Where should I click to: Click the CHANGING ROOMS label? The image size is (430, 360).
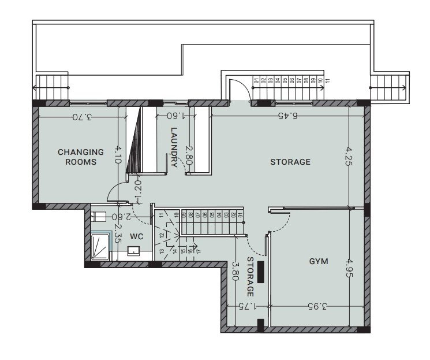81,157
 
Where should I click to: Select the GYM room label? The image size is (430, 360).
318,261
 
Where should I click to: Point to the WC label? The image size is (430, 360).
136,236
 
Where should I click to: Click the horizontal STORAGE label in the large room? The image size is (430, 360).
290,162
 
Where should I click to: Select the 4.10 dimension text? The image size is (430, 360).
118,155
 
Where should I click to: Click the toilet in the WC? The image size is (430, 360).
99,217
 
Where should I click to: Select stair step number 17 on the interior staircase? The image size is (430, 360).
197,251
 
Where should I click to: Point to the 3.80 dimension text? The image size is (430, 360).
235,272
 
